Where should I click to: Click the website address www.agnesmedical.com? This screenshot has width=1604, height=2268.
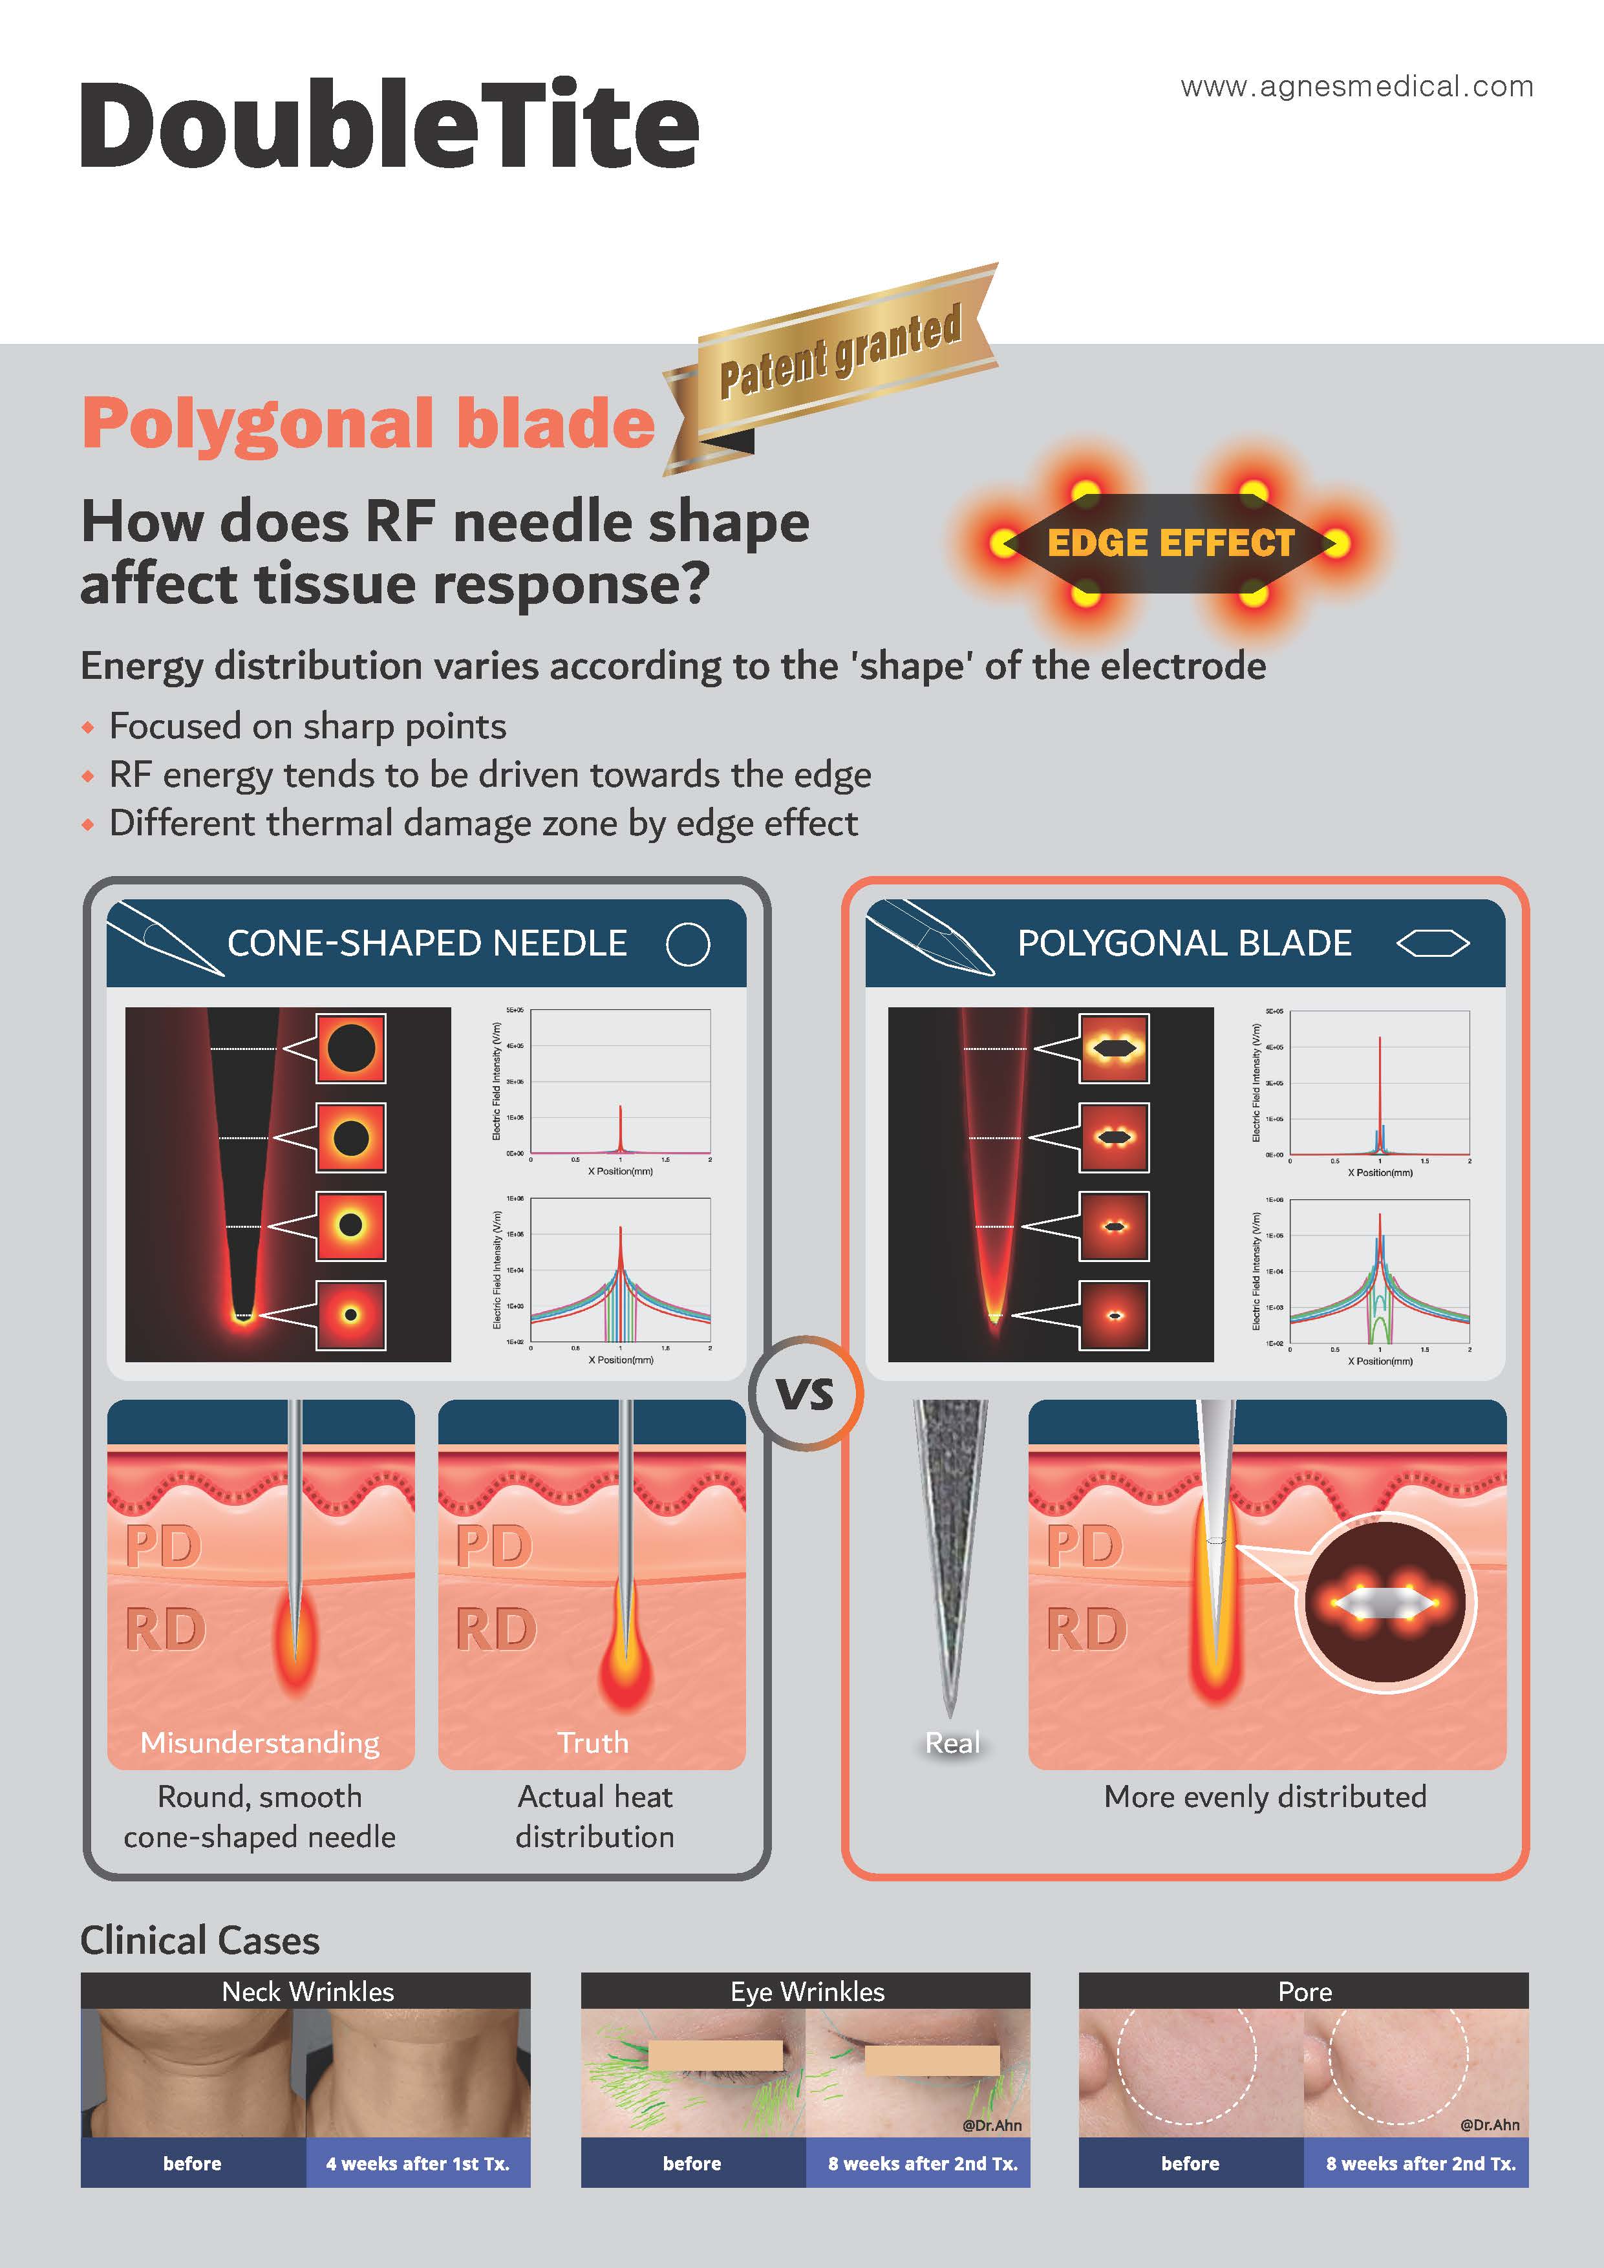(1356, 87)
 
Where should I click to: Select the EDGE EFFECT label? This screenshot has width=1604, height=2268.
(1170, 543)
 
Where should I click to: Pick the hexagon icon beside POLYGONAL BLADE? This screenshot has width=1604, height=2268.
(1432, 945)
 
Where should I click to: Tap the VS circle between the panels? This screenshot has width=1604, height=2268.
(806, 1394)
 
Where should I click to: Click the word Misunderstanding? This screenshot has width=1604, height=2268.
(260, 1742)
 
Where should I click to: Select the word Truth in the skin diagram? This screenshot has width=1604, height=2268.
(593, 1742)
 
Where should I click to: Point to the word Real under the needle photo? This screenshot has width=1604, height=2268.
(952, 1742)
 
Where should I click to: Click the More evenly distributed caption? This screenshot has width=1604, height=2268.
(1265, 1796)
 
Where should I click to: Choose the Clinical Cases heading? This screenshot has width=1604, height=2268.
(200, 1940)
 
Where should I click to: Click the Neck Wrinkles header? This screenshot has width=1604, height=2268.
(307, 1991)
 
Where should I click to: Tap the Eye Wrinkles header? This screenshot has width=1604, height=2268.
(807, 1991)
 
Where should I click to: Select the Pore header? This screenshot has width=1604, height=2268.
(1305, 1991)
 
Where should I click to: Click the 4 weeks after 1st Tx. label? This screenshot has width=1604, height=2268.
(418, 2163)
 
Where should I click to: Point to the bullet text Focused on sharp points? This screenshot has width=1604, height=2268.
(307, 726)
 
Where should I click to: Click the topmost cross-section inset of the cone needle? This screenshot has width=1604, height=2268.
(350, 1047)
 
